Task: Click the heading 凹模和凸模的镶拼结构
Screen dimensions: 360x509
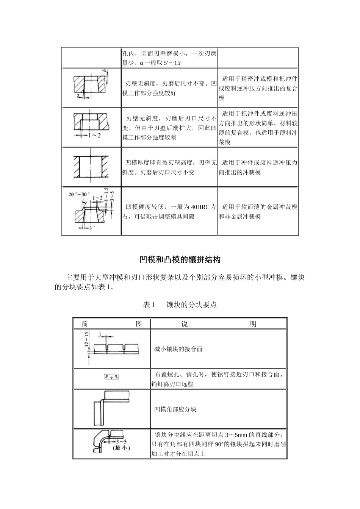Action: click(x=180, y=260)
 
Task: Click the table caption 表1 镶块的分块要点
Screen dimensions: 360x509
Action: click(x=180, y=304)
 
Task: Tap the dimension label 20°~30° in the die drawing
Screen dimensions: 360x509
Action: click(x=77, y=194)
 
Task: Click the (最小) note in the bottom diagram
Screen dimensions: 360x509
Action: click(x=121, y=448)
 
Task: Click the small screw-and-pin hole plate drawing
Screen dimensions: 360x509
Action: click(x=112, y=377)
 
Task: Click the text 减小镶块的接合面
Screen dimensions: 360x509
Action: click(x=178, y=349)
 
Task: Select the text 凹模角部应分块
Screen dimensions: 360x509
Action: click(x=175, y=409)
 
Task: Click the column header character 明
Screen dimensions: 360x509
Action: click(x=253, y=324)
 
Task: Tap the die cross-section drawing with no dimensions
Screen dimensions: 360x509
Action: click(x=91, y=166)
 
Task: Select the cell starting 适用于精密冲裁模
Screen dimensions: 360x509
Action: click(x=258, y=88)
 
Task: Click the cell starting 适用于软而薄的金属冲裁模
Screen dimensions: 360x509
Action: click(x=258, y=212)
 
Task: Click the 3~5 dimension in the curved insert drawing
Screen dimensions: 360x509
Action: click(x=122, y=442)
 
